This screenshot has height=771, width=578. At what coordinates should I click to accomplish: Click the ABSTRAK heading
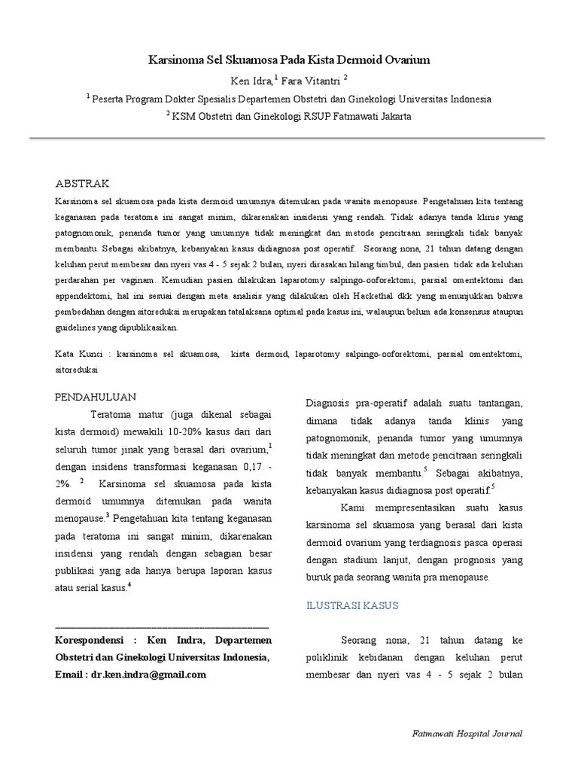pos(83,184)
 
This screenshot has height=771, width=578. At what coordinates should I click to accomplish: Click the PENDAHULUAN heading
pos(96,397)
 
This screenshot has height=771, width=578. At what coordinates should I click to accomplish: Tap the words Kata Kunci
pos(78,353)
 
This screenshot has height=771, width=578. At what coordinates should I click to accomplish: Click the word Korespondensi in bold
pos(90,640)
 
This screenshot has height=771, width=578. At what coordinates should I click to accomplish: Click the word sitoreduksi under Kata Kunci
pos(78,370)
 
